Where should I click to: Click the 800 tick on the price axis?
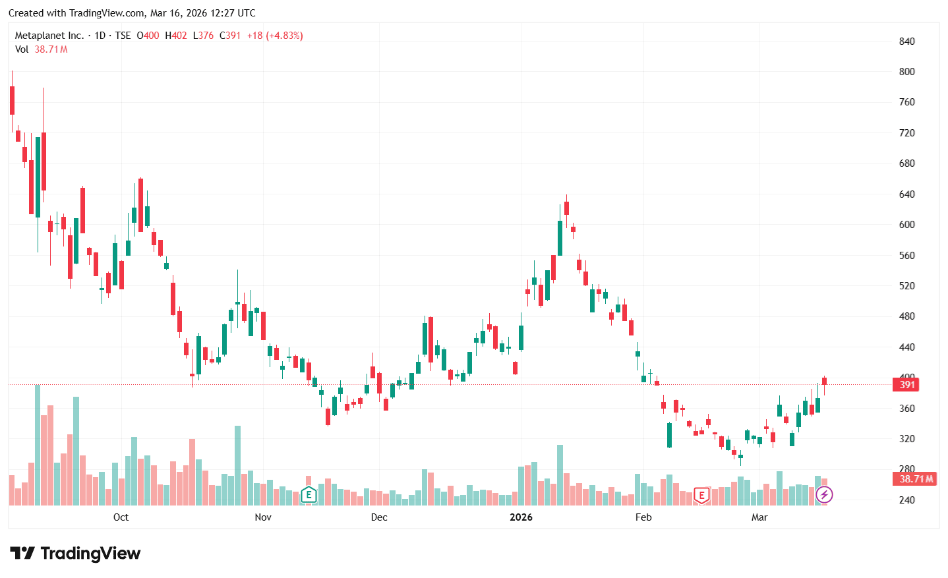click(906, 72)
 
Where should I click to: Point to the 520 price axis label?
click(906, 286)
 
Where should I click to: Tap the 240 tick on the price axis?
click(906, 500)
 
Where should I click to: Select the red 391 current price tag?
click(906, 385)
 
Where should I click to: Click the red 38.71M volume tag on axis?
click(916, 479)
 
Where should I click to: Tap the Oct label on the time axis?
click(121, 517)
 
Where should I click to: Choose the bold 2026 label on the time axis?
click(521, 517)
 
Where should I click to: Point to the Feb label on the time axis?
click(643, 517)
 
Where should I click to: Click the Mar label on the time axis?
click(759, 517)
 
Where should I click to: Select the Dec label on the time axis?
click(379, 517)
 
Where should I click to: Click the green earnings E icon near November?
click(309, 494)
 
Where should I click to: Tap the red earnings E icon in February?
click(701, 495)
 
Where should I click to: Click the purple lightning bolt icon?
click(824, 495)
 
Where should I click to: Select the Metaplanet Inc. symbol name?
click(49, 36)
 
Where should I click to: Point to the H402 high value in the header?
click(176, 36)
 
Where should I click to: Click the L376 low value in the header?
click(203, 36)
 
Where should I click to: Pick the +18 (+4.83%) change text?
click(275, 36)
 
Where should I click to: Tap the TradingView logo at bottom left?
click(75, 554)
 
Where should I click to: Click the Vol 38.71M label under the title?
click(41, 49)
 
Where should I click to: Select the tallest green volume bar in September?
click(38, 445)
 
